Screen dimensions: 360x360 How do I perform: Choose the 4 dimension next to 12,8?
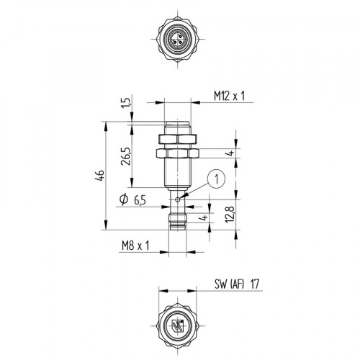tap(204, 218)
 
